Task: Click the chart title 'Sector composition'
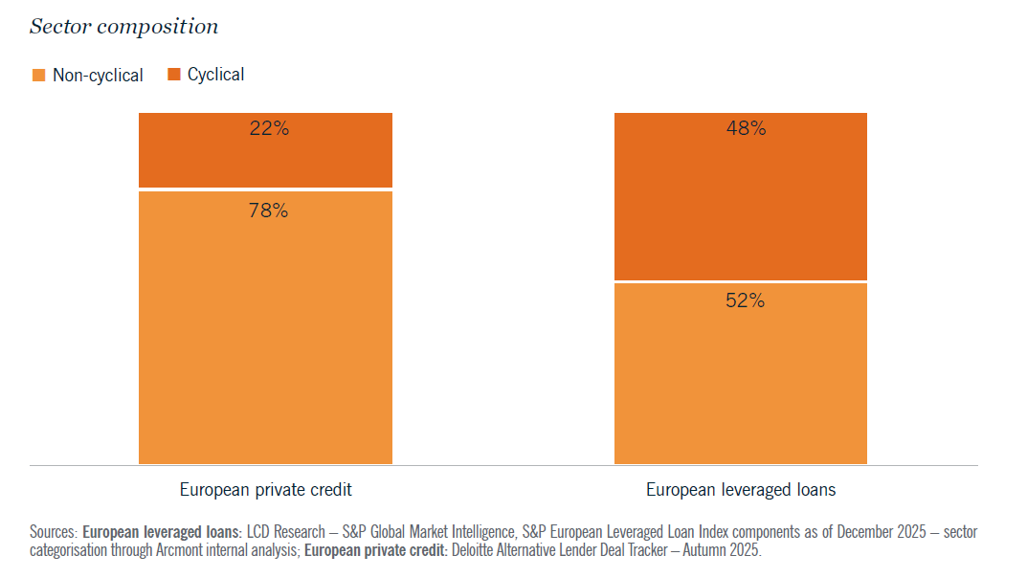[x=123, y=27]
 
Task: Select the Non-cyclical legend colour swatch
[x=38, y=75]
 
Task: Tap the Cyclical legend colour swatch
[x=174, y=75]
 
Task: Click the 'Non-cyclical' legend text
[x=98, y=76]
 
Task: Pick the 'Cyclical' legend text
[x=215, y=75]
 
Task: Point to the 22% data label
[x=268, y=128]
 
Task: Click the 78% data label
[x=268, y=211]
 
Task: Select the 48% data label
[x=746, y=128]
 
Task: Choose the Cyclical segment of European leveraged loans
[x=740, y=211]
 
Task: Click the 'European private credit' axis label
[x=266, y=490]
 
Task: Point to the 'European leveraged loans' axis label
[x=741, y=490]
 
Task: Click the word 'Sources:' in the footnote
[x=54, y=531]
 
